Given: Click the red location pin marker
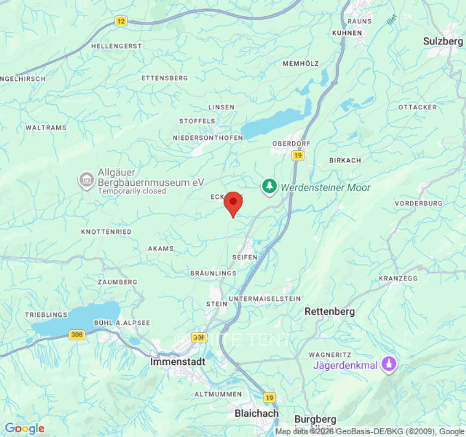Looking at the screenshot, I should pyautogui.click(x=234, y=203).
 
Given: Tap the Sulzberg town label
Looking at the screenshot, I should pyautogui.click(x=443, y=41).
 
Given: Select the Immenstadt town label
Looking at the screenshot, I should pyautogui.click(x=178, y=362).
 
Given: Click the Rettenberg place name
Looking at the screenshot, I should pyautogui.click(x=329, y=311).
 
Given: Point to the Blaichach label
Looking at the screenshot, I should pyautogui.click(x=256, y=413).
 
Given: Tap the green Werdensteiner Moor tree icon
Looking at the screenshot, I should pyautogui.click(x=268, y=187).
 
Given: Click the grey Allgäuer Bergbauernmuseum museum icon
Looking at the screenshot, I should pyautogui.click(x=86, y=179).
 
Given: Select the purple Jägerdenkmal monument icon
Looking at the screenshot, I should pyautogui.click(x=388, y=363).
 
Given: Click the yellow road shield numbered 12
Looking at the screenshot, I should pyautogui.click(x=121, y=21).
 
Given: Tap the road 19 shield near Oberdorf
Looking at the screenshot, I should pyautogui.click(x=298, y=156).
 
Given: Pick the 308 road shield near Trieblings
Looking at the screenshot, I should pyautogui.click(x=77, y=334).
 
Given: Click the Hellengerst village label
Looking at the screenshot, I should pyautogui.click(x=116, y=46).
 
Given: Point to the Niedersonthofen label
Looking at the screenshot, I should pyautogui.click(x=208, y=138).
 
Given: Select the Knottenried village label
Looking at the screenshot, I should pyautogui.click(x=106, y=232).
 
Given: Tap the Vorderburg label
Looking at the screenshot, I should pyautogui.click(x=418, y=203).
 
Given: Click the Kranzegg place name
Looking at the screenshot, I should pyautogui.click(x=398, y=278).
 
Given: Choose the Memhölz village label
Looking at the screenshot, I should pyautogui.click(x=300, y=64).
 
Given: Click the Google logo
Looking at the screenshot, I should pyautogui.click(x=24, y=429).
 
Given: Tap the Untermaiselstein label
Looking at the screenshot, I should pyautogui.click(x=264, y=299).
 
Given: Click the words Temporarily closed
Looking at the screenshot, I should pyautogui.click(x=132, y=191).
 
